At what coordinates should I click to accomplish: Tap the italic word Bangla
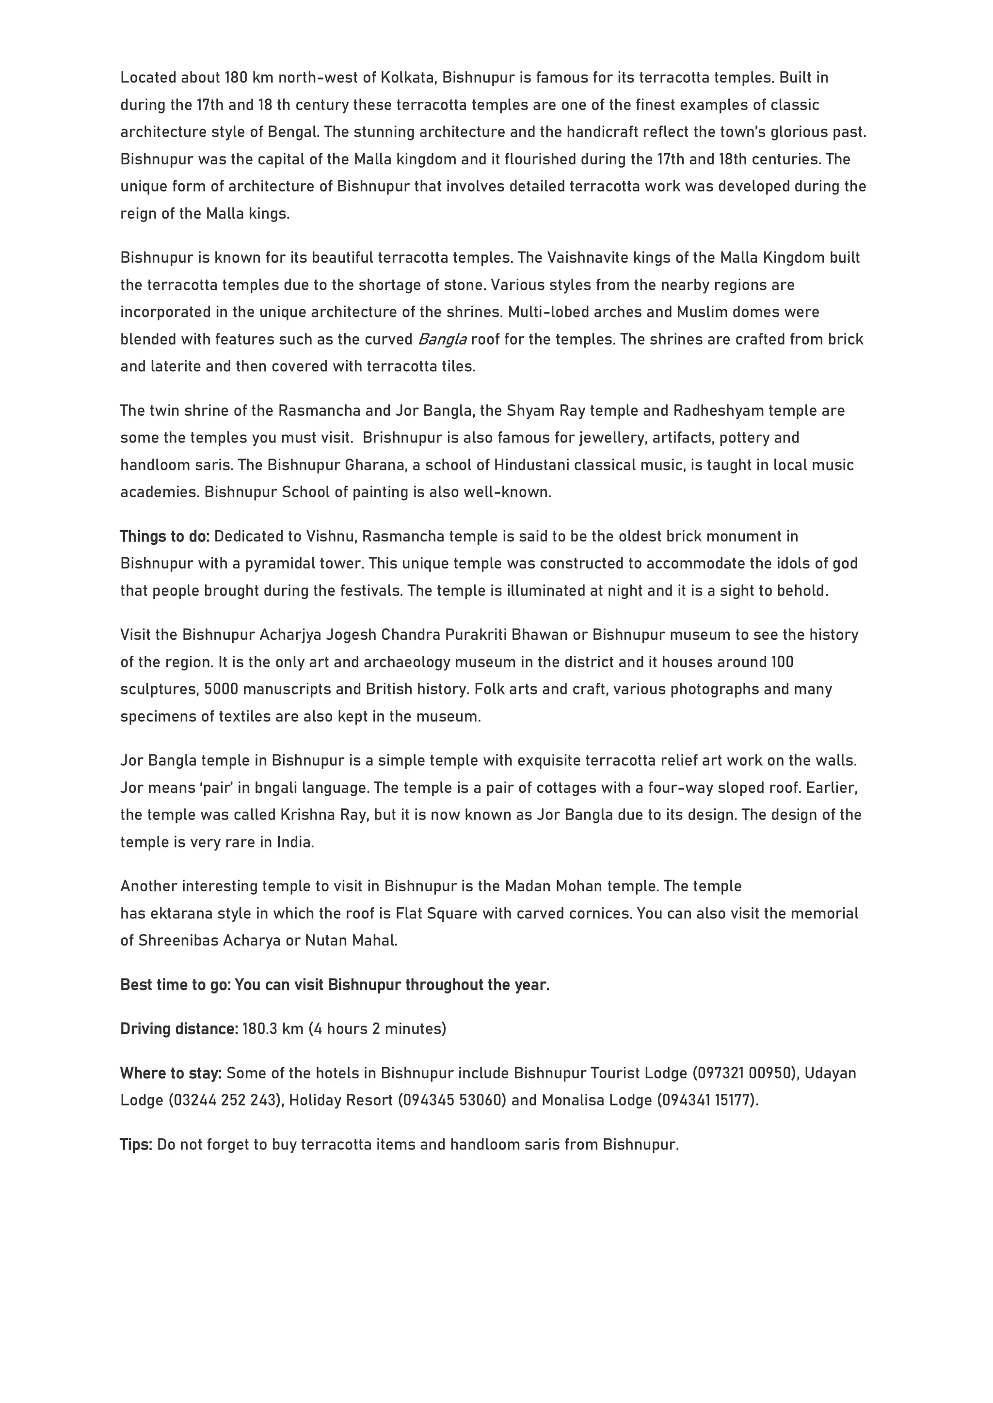click(443, 339)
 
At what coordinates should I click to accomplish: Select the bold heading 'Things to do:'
click(164, 536)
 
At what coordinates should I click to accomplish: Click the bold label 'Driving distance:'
click(179, 1028)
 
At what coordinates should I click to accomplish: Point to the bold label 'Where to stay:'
click(171, 1073)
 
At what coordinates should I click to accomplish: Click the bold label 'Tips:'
click(136, 1145)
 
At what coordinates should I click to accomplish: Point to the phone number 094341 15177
click(707, 1100)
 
